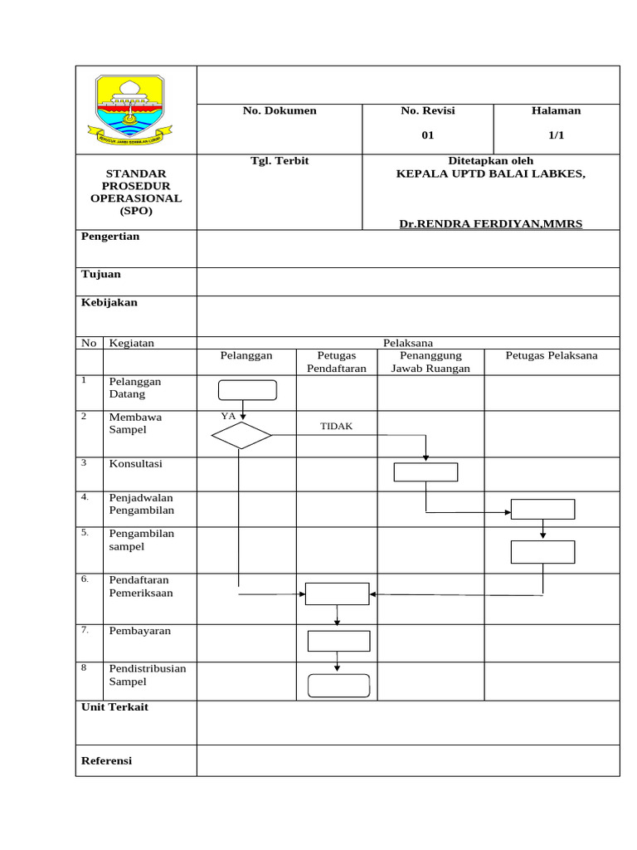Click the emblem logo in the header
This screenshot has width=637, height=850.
tap(130, 108)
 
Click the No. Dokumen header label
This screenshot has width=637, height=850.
tap(280, 110)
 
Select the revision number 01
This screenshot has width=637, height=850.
tap(428, 135)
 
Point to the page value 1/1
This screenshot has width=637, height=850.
tap(556, 135)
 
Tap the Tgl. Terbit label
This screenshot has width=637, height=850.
tap(280, 160)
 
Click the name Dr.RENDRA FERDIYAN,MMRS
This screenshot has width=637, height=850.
tap(491, 224)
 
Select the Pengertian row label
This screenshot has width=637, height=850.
tap(110, 237)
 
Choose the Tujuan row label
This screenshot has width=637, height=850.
tap(101, 274)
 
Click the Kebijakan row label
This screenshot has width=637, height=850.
tap(109, 303)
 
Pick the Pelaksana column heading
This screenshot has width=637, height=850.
tap(407, 342)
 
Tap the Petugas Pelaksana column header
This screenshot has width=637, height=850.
tap(552, 355)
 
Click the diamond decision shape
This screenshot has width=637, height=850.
tap(241, 435)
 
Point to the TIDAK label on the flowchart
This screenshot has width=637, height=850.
tap(337, 426)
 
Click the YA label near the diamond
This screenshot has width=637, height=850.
tap(228, 415)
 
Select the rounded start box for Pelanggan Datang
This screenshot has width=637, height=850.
tap(247, 390)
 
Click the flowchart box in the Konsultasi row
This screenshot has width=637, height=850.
tap(425, 471)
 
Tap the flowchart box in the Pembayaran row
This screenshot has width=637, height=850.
tap(338, 641)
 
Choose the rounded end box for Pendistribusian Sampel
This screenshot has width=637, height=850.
tap(338, 685)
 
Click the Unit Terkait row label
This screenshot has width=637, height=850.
tap(114, 707)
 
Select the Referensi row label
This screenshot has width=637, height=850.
tap(106, 760)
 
